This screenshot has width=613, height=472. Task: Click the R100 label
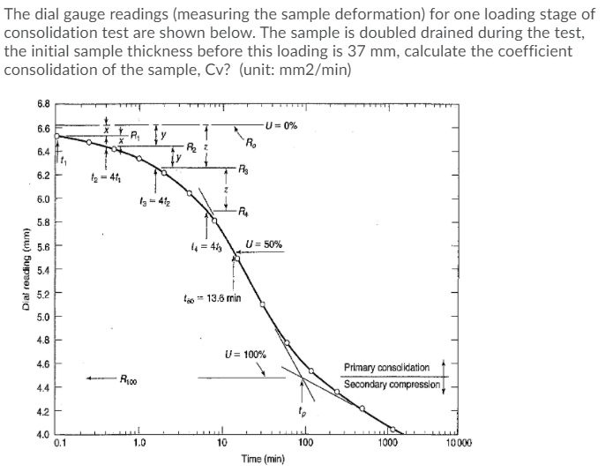coord(134,380)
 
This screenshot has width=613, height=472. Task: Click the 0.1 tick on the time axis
coord(59,445)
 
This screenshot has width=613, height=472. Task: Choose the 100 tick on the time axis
coord(303,445)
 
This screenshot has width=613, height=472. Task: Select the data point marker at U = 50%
coord(236,258)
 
